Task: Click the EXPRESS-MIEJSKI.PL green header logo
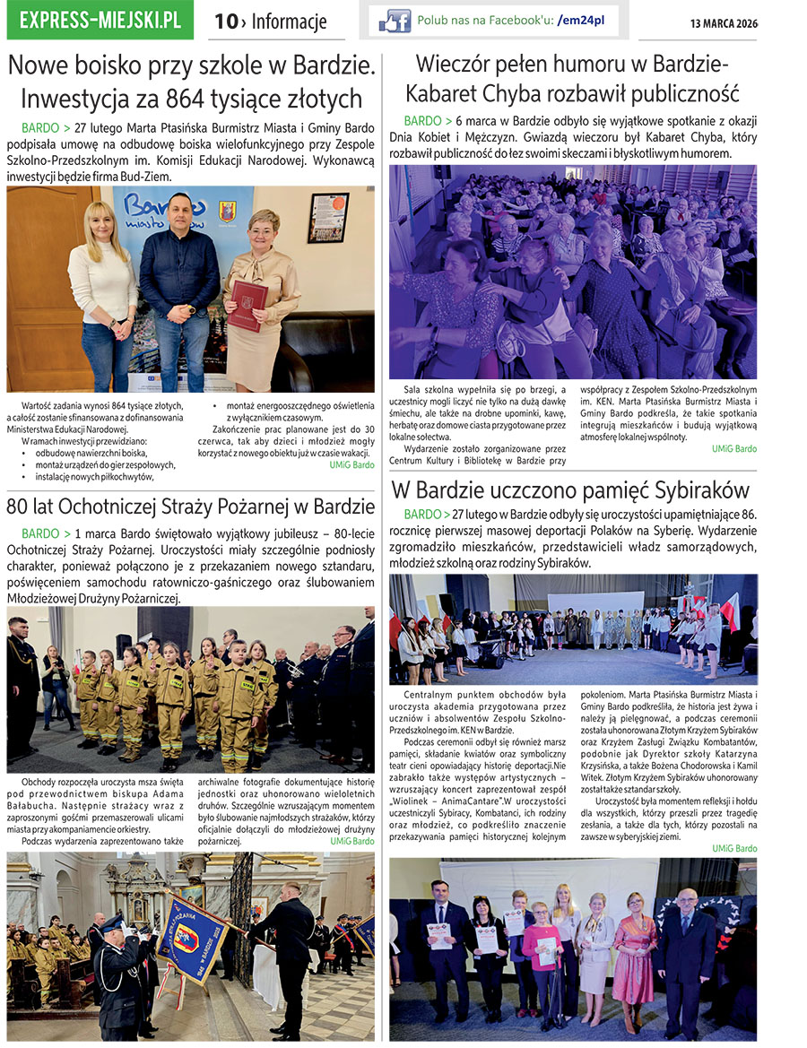tap(100, 20)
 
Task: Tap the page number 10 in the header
tap(224, 22)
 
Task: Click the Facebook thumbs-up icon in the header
tap(395, 21)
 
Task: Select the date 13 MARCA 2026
tap(724, 23)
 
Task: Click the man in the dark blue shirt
tap(179, 287)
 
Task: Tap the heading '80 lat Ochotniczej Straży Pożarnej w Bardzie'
tap(190, 506)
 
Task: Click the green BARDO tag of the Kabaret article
tap(422, 120)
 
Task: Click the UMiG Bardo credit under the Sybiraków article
tap(734, 848)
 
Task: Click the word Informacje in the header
tap(289, 22)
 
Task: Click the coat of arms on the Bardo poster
tap(228, 211)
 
